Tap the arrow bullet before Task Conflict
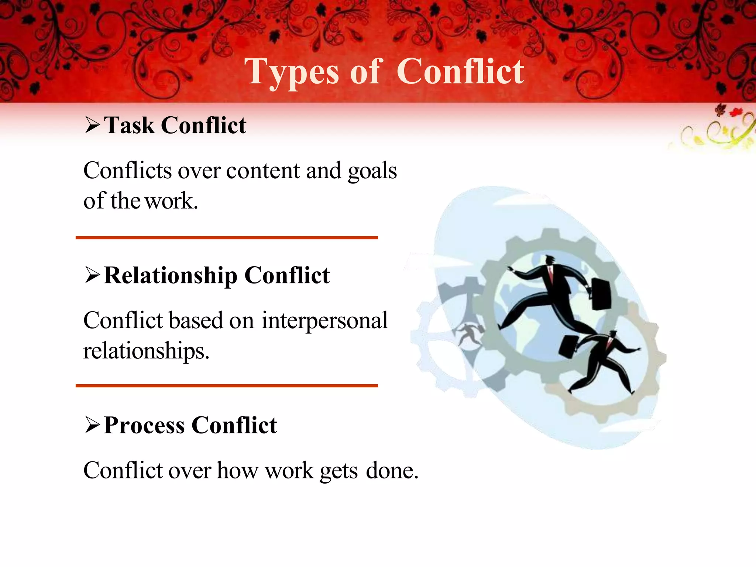92,125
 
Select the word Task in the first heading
129,126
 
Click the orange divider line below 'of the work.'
227,238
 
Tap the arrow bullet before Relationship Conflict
92,275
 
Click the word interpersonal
324,320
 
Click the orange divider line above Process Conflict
227,386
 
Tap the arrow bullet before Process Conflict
92,425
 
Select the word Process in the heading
144,425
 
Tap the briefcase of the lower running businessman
569,347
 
